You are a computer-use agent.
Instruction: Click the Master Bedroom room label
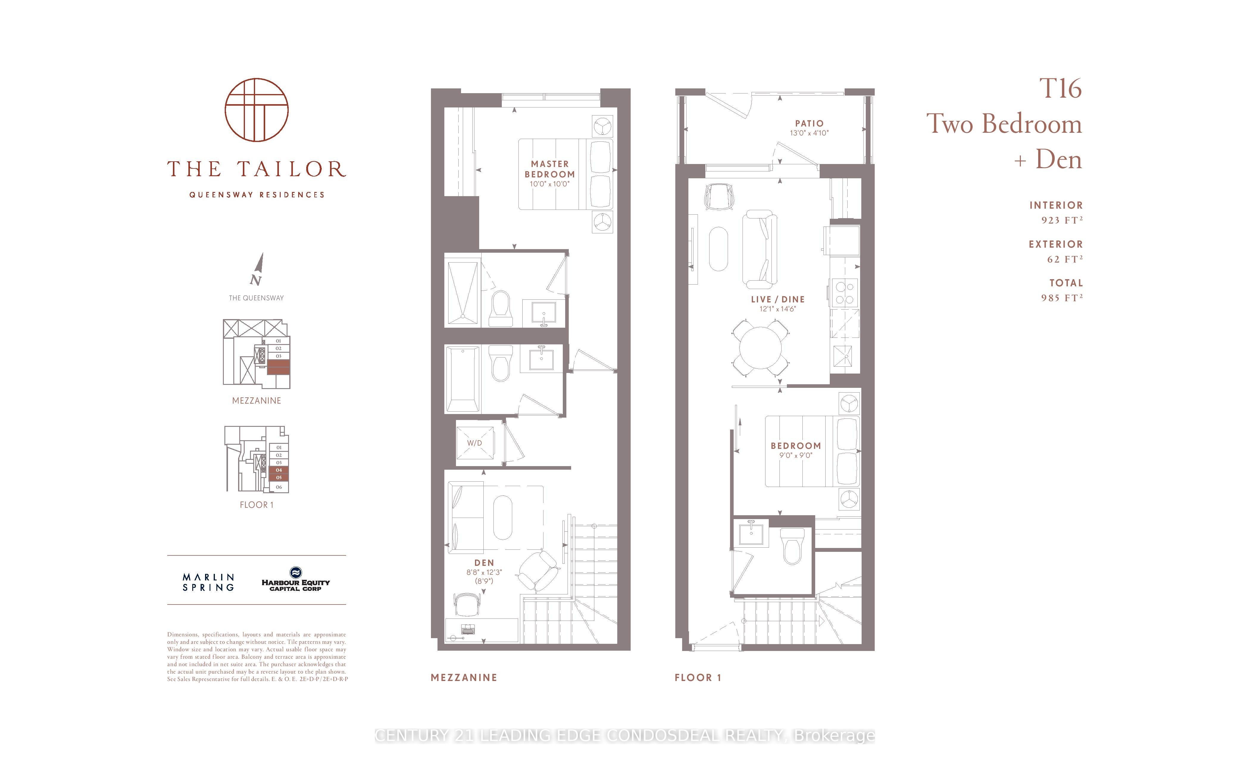[550, 169]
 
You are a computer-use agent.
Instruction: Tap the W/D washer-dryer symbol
[475, 443]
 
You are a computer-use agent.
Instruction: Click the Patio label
[809, 123]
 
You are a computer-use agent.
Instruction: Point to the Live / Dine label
[778, 299]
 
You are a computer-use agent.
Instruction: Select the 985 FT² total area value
[1062, 298]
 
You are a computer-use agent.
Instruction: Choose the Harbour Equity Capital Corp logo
[296, 580]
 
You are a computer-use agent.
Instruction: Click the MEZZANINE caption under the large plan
[464, 677]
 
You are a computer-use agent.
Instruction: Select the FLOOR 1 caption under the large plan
[698, 677]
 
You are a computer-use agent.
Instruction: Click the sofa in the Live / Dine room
[760, 248]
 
